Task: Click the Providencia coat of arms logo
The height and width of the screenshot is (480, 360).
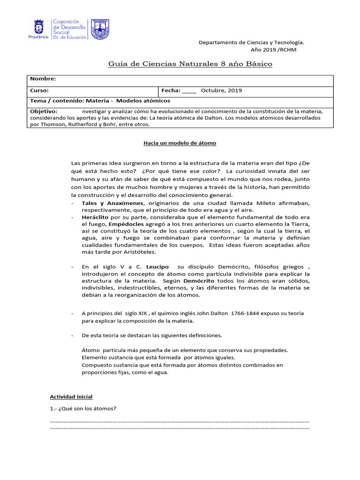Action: (x=38, y=29)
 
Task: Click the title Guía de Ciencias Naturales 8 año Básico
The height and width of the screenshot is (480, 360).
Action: (x=190, y=64)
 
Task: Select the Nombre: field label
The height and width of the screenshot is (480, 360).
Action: (x=43, y=79)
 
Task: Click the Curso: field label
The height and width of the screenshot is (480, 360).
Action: (x=39, y=90)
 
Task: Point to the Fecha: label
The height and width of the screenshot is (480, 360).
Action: (x=171, y=90)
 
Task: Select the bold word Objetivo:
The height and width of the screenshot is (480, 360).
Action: (x=44, y=112)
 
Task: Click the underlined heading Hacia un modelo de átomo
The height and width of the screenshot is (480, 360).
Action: (x=180, y=143)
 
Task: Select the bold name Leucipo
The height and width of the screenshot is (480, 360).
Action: (x=157, y=267)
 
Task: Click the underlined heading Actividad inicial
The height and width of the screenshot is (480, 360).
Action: (x=71, y=396)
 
